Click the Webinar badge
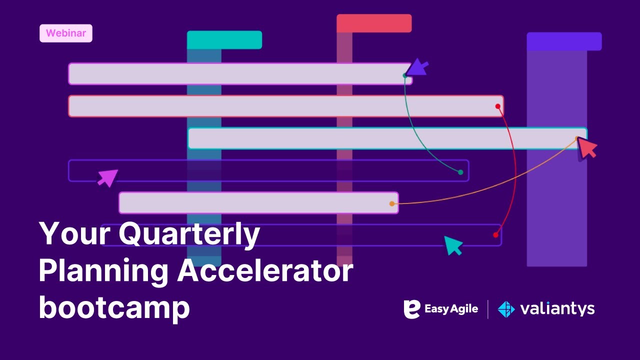click(x=66, y=33)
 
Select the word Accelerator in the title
click(x=265, y=271)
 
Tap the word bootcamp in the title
click(x=114, y=308)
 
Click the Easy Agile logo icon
click(x=411, y=309)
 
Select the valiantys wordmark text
click(x=557, y=309)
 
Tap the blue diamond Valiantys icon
click(x=506, y=309)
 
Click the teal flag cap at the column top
click(x=224, y=40)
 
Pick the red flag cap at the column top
click(x=374, y=23)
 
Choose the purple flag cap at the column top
click(x=564, y=41)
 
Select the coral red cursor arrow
click(x=587, y=148)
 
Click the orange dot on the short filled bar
click(x=392, y=203)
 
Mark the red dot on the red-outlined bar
click(x=497, y=106)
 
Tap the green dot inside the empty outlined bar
click(x=460, y=172)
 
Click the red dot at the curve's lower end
click(x=495, y=234)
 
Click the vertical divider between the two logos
click(x=488, y=309)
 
